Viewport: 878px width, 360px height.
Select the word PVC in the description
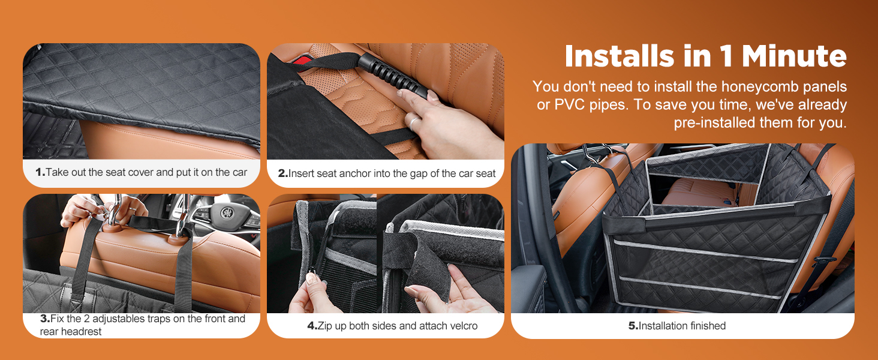(x=568, y=105)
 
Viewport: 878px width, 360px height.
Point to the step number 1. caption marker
(x=40, y=172)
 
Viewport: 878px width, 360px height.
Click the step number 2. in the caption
(x=283, y=173)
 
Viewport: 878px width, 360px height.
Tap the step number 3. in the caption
(x=45, y=319)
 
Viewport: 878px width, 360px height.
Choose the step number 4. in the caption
(x=312, y=326)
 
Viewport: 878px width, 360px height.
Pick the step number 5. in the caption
(x=633, y=326)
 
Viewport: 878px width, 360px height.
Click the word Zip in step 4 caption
(x=325, y=326)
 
